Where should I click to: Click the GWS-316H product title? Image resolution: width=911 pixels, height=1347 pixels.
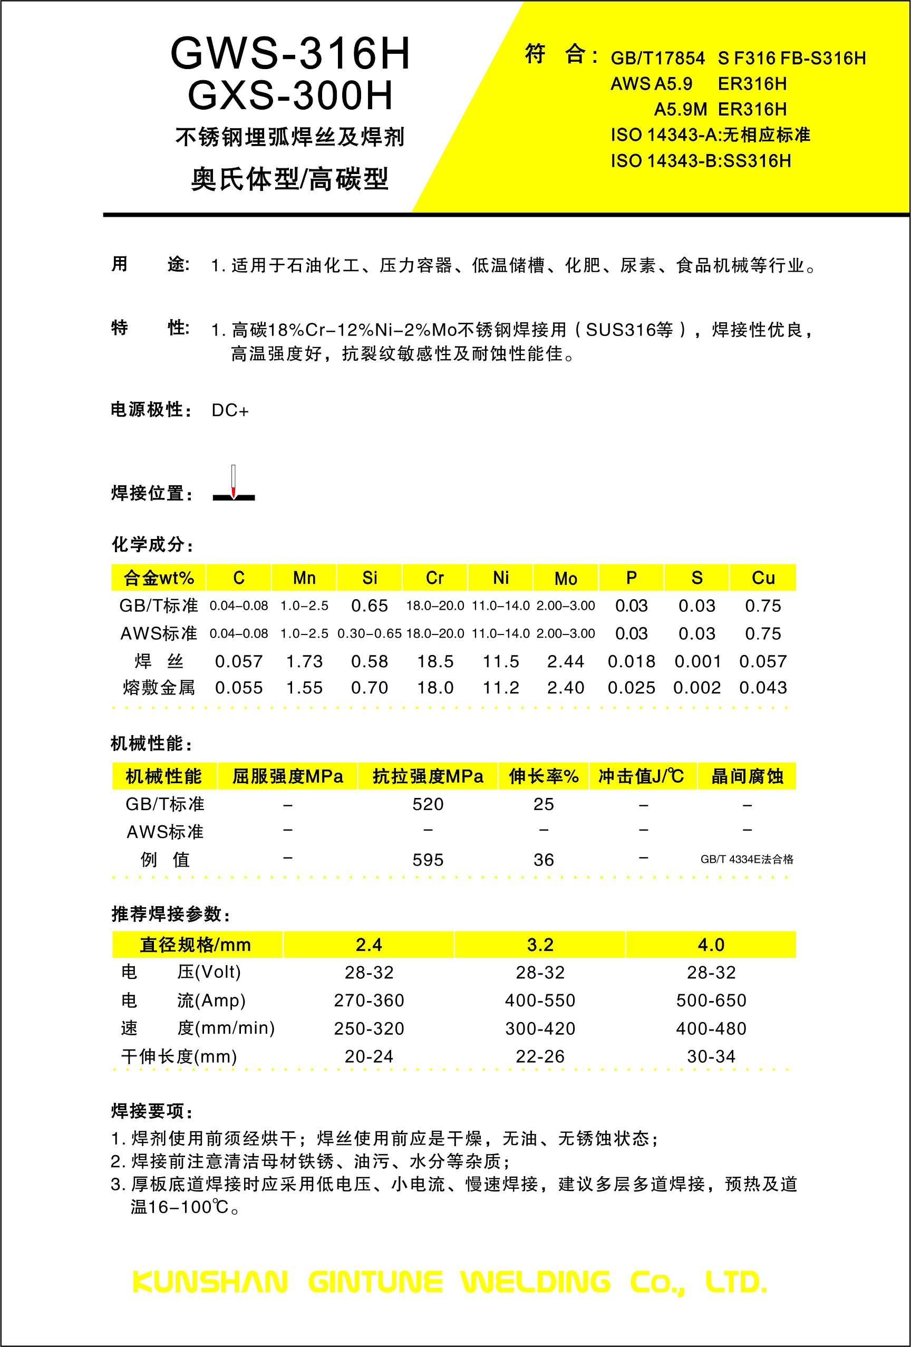click(290, 54)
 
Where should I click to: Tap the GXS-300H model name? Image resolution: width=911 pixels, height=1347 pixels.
click(290, 95)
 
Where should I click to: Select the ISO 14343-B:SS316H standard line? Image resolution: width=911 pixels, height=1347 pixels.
click(701, 160)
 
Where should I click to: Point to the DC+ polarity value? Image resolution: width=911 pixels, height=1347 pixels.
click(230, 410)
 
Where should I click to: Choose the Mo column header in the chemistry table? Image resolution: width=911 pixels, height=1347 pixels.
click(566, 578)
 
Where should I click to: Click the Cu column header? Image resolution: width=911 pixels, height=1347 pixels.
click(763, 578)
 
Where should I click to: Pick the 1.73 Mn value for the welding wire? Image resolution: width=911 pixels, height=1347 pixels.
click(304, 661)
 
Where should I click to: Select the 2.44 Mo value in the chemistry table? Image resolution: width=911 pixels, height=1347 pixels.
click(566, 661)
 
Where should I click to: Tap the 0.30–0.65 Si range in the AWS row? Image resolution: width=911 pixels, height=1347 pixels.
click(369, 633)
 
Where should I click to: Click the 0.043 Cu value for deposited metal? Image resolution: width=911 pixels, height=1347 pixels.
click(763, 688)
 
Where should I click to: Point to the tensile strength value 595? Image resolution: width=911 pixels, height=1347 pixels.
click(428, 860)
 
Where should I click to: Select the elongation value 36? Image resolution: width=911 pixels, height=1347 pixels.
click(544, 860)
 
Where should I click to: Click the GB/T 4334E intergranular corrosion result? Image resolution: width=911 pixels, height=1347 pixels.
click(747, 859)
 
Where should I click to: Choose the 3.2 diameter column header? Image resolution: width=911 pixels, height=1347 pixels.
click(540, 945)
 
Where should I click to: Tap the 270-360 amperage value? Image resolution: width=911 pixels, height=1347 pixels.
click(369, 1000)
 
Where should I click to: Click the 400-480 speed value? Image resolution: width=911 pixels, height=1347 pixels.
click(711, 1029)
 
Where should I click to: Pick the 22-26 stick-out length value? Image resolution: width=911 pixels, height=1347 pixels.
click(540, 1056)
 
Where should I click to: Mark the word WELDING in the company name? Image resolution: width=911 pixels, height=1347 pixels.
click(536, 1282)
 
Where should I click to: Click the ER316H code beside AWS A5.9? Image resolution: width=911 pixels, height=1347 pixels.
click(752, 84)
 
